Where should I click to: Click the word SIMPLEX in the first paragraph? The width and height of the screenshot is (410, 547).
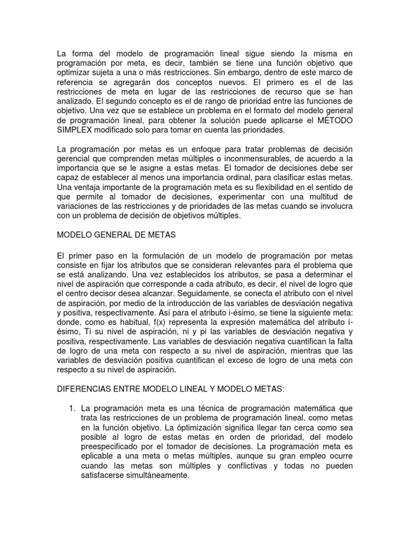point(73,130)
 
